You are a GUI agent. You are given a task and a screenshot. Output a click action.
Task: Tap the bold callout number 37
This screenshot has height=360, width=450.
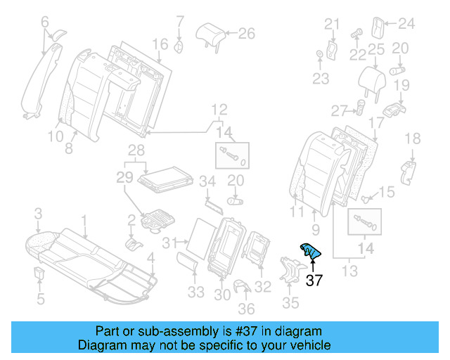click(x=314, y=281)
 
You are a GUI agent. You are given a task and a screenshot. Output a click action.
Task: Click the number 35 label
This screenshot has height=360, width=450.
click(x=290, y=303)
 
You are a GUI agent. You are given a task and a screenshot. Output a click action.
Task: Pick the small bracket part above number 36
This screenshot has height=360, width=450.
click(x=242, y=286)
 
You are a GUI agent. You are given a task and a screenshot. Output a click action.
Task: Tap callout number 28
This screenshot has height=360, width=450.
click(x=136, y=150)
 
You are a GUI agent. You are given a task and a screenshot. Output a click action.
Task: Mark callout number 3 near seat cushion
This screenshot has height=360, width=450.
click(x=39, y=213)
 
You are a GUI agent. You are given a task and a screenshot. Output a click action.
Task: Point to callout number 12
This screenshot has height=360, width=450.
click(x=220, y=109)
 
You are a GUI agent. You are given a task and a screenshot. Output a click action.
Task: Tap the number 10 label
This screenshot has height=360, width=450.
click(x=56, y=136)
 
